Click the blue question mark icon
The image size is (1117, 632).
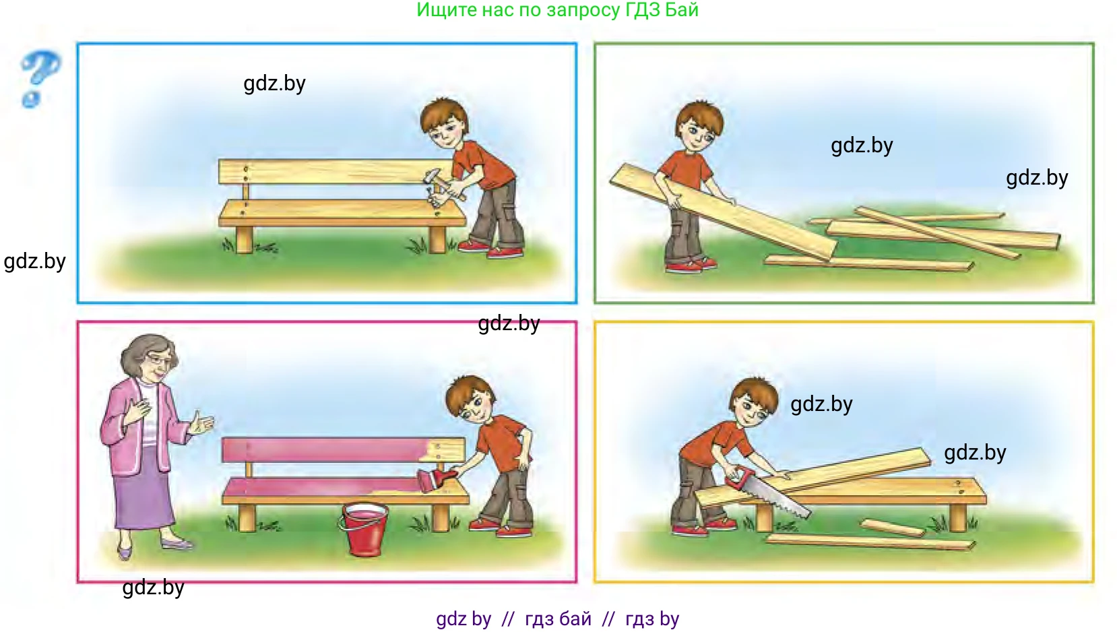pos(39,79)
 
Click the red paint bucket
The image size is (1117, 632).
pos(364,529)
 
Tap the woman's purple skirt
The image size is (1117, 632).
pos(141,489)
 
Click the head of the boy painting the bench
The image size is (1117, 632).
pos(471,402)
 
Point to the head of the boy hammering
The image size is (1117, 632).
pos(444,125)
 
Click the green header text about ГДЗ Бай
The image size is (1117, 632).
pos(558,10)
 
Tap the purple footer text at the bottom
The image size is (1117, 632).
pos(558,619)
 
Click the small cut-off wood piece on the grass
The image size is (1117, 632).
pos(893,528)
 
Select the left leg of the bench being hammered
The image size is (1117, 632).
pos(245,239)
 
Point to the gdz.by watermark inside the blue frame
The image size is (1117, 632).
pos(274,84)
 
